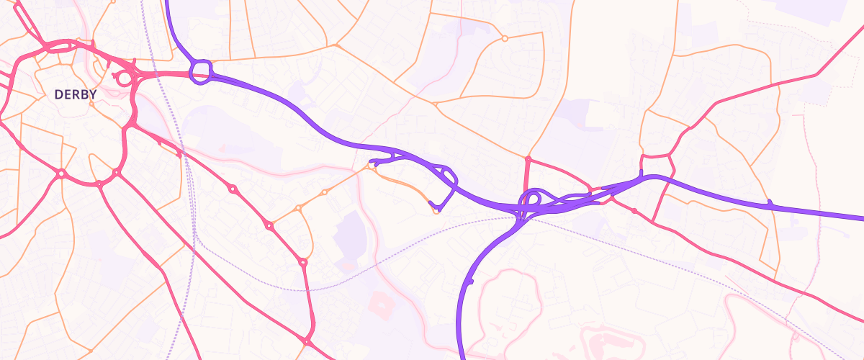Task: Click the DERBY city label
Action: tap(76, 94)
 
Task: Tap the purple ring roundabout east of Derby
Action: tap(201, 71)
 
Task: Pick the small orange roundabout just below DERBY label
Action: tap(91, 104)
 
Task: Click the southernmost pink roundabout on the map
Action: tap(307, 341)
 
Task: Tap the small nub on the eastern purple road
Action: tap(770, 202)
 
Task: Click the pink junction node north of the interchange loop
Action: tap(528, 158)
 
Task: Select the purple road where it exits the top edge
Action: tap(168, 2)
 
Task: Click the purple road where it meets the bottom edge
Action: tap(461, 357)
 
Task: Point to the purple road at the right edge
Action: tap(861, 217)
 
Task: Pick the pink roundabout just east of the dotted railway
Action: tap(233, 189)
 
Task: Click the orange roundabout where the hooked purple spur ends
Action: tap(436, 210)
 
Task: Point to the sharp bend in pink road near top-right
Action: tap(816, 74)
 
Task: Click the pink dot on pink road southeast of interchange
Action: tap(634, 211)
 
